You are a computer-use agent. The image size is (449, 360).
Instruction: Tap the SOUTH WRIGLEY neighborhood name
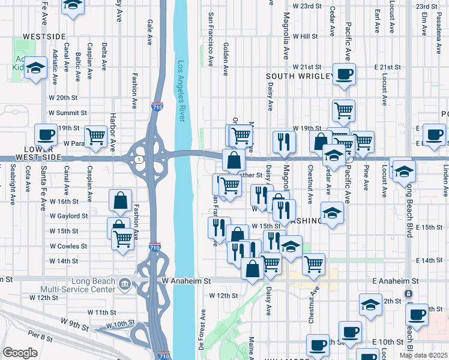[x=300, y=76]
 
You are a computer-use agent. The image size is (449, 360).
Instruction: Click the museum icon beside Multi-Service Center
[x=124, y=284]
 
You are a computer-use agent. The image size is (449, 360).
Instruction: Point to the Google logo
[x=20, y=353]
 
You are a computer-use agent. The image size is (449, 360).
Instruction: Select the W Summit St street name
[x=68, y=112]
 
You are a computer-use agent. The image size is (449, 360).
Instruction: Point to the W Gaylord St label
[x=68, y=215]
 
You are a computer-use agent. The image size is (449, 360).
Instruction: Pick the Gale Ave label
[x=149, y=31]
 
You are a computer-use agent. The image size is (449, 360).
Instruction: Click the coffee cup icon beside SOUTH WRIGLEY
[x=344, y=74]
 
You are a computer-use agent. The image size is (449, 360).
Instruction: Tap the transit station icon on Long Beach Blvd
[x=408, y=294]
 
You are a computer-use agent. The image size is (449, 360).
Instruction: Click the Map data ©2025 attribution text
[x=423, y=355]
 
